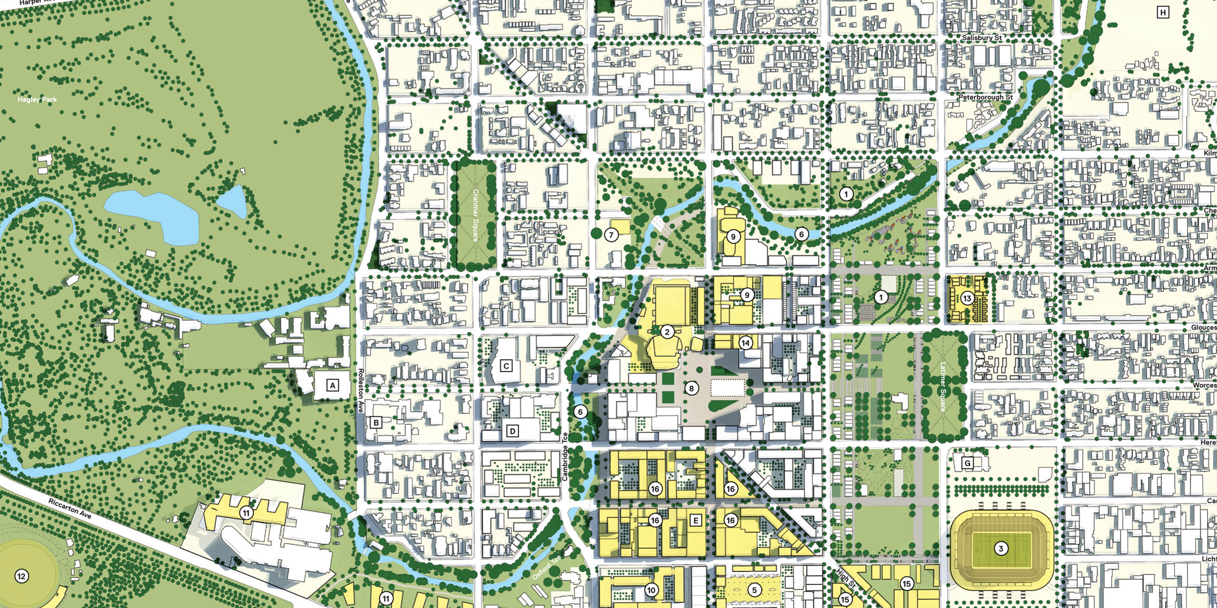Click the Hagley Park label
click(37, 100)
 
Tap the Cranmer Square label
click(476, 215)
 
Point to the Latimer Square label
click(943, 387)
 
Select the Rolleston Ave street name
click(361, 391)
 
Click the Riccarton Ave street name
click(69, 508)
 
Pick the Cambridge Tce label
click(565, 457)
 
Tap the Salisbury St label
click(981, 38)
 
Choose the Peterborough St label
click(985, 97)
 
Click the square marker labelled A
click(332, 386)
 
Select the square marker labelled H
click(1163, 12)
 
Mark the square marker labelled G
click(967, 463)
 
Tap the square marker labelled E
click(696, 521)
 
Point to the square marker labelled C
click(506, 366)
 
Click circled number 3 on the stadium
click(1001, 548)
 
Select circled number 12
click(21, 576)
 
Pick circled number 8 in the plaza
click(691, 388)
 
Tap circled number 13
click(967, 298)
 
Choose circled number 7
click(611, 235)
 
